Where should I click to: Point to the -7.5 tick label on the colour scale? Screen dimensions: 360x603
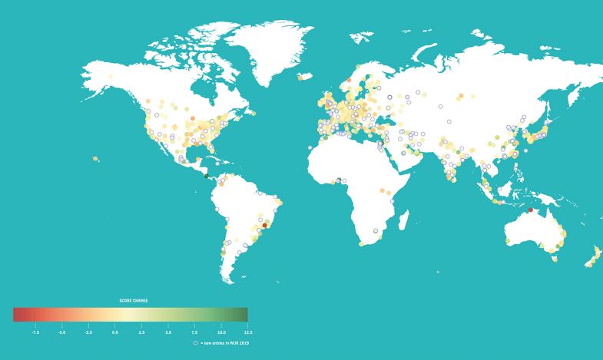pyautogui.click(x=35, y=332)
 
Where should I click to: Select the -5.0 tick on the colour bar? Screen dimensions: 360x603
pyautogui.click(x=61, y=332)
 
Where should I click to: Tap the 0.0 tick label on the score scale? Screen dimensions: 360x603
pyautogui.click(x=115, y=332)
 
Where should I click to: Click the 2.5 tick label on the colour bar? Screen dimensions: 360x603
pyautogui.click(x=141, y=332)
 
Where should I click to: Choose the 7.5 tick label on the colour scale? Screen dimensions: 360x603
pyautogui.click(x=195, y=332)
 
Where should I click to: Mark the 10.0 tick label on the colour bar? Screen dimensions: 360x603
pyautogui.click(x=221, y=332)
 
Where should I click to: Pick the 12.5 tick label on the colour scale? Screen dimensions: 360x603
pyautogui.click(x=247, y=332)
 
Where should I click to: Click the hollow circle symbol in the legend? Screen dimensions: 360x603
pyautogui.click(x=195, y=342)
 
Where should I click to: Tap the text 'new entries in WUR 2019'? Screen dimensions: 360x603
pyautogui.click(x=226, y=342)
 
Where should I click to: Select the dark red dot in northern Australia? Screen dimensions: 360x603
pyautogui.click(x=530, y=210)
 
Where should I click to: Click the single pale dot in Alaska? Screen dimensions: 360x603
pyautogui.click(x=110, y=77)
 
